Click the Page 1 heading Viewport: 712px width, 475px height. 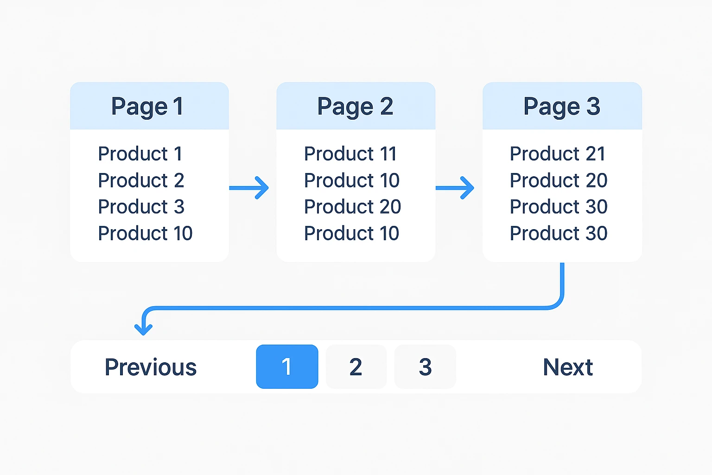pyautogui.click(x=147, y=107)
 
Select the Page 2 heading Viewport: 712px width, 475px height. pyautogui.click(x=355, y=107)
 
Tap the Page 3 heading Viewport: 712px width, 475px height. pyautogui.click(x=562, y=107)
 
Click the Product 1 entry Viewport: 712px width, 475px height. pyautogui.click(x=140, y=154)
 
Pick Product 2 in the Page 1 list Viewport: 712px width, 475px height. pyautogui.click(x=141, y=180)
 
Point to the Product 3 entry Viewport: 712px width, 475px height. pyautogui.click(x=141, y=207)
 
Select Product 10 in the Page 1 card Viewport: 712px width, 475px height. pyautogui.click(x=145, y=233)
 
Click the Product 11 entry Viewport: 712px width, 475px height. pyautogui.click(x=350, y=154)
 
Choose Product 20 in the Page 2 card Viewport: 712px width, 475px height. pyautogui.click(x=352, y=207)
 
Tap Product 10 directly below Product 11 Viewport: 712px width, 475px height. pyautogui.click(x=352, y=180)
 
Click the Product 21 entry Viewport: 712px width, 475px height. pyautogui.click(x=558, y=154)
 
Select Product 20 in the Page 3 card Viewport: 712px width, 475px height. pyautogui.click(x=559, y=180)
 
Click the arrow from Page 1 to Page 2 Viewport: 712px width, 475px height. pyautogui.click(x=249, y=188)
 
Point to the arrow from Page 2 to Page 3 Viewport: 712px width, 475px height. pyautogui.click(x=455, y=188)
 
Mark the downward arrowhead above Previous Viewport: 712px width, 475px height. pyautogui.click(x=143, y=329)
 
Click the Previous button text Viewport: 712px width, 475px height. pyautogui.click(x=151, y=367)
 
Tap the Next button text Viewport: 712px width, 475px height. pyautogui.click(x=568, y=367)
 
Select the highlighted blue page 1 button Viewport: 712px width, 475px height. pyautogui.click(x=287, y=366)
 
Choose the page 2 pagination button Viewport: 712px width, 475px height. pyautogui.click(x=356, y=366)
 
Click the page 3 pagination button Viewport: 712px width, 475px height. pyautogui.click(x=425, y=366)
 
